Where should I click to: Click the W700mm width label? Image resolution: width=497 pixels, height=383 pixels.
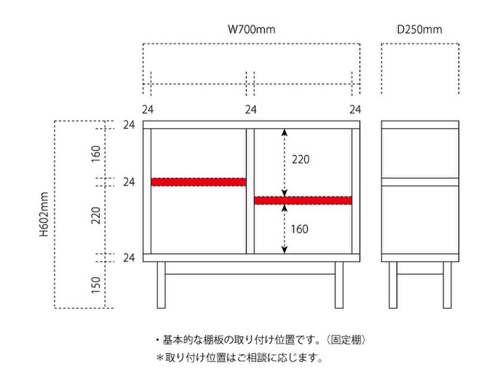pos(252,29)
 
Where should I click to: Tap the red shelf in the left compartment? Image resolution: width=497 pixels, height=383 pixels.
pos(199,181)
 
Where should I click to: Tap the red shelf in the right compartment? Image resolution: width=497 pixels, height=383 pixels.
pos(303,200)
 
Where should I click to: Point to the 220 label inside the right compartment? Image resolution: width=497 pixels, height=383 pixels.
pos(300,160)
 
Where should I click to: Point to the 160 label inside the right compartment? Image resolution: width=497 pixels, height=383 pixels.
pos(300,229)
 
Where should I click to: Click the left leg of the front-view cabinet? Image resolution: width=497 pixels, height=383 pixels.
pos(161,285)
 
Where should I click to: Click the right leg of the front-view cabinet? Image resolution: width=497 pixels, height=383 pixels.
pos(339,285)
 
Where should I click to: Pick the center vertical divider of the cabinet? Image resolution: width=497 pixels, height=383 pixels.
pos(251,190)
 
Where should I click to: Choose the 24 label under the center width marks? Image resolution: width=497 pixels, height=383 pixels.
pos(251,110)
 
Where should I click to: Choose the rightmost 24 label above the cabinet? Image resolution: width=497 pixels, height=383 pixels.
pos(355,110)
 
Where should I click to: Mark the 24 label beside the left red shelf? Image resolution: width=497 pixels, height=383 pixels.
pos(129,181)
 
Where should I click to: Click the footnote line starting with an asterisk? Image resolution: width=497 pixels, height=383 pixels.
pos(239,358)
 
